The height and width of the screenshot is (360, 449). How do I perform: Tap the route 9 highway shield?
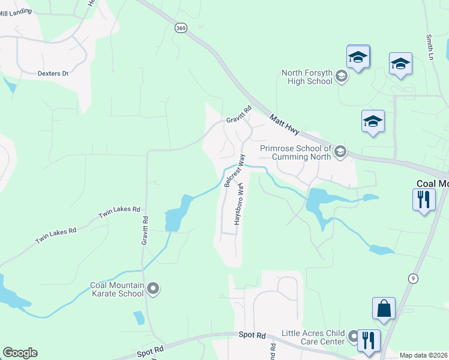413,278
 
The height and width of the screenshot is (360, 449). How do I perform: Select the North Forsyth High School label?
307,77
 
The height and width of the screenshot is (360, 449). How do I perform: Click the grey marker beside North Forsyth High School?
341,76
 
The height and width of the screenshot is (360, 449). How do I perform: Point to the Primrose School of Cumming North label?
295,152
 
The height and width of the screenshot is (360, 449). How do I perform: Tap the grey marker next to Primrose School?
340,152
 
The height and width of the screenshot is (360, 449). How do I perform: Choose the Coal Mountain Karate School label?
117,289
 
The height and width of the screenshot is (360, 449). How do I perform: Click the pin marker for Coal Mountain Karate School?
153,289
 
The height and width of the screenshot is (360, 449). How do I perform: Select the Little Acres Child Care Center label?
315,337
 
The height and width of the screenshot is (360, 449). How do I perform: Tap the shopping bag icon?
383,308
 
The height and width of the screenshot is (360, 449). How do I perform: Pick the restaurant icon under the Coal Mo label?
424,199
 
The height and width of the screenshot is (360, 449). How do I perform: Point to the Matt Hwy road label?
283,127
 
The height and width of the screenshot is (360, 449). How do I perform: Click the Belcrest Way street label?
235,171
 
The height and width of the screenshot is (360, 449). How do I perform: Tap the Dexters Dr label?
53,74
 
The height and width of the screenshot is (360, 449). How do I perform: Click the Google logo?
20,353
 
